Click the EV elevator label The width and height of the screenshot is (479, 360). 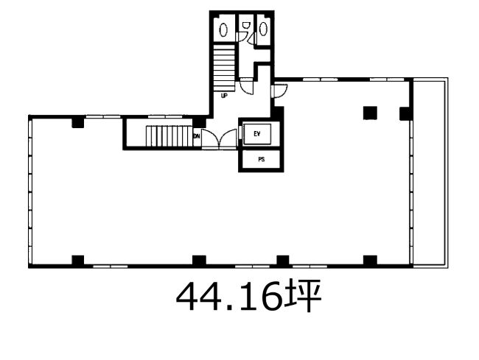click(x=257, y=134)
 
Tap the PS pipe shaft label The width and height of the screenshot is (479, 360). click(x=261, y=159)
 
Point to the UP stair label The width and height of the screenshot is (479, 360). click(x=224, y=96)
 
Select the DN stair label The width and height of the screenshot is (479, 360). click(x=197, y=136)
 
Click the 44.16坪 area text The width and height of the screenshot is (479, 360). click(x=248, y=295)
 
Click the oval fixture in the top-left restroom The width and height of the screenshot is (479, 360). click(x=223, y=30)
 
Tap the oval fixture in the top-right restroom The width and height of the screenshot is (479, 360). click(x=263, y=29)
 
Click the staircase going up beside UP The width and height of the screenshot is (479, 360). click(x=224, y=68)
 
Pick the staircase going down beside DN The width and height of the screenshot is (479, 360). click(x=169, y=136)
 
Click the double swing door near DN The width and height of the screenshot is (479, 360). click(x=220, y=139)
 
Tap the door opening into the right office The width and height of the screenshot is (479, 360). click(x=279, y=91)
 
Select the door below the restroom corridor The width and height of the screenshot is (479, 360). click(x=246, y=86)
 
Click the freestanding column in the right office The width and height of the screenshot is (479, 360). click(x=370, y=113)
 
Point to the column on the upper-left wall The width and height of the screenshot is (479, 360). click(x=78, y=123)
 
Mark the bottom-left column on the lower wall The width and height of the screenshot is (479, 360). click(x=78, y=260)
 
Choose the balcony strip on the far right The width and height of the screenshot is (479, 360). click(x=430, y=173)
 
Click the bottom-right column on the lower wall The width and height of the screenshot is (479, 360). click(x=370, y=260)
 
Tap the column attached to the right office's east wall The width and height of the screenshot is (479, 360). click(x=406, y=113)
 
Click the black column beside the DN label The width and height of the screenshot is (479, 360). click(x=199, y=123)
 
